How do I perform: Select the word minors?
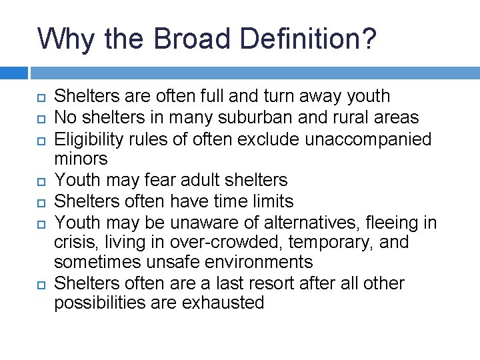[x=81, y=159]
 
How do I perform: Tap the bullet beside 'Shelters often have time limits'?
[x=40, y=201]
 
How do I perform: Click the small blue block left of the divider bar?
[x=14, y=73]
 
